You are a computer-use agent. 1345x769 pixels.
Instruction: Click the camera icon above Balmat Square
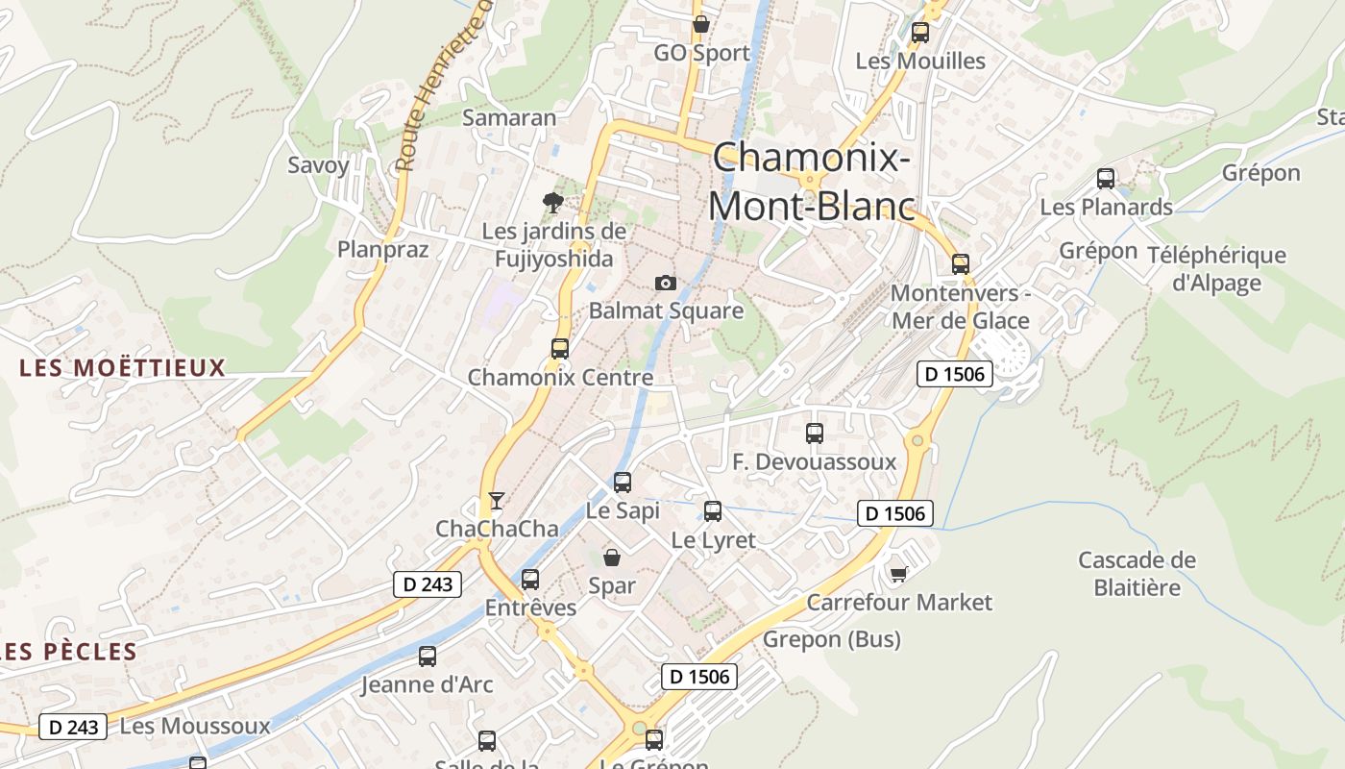pos(665,283)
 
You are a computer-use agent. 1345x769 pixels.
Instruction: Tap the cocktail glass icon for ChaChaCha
pos(496,501)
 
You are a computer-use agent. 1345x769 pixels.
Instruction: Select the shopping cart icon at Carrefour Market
pos(898,574)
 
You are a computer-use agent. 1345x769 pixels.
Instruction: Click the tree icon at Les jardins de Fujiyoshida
pos(552,202)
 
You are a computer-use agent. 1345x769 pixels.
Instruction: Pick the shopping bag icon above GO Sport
pos(701,24)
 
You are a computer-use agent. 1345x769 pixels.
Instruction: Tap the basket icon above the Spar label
pos(611,557)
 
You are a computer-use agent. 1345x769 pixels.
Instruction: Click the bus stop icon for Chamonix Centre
pos(560,349)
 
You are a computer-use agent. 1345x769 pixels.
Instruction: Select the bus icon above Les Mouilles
pos(919,33)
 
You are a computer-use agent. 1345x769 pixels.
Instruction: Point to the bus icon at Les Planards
pos(1106,178)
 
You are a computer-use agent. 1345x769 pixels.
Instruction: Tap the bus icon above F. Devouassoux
pos(815,434)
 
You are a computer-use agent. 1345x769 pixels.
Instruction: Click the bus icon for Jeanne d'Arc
pos(428,657)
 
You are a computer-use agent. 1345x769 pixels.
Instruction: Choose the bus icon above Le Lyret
pos(713,511)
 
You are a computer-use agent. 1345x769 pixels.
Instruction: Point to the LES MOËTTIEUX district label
pos(122,367)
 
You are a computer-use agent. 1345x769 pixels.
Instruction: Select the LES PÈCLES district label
pos(69,652)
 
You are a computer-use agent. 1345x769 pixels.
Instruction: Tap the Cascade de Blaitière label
pos(1137,573)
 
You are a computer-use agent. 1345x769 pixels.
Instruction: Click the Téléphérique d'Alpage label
pos(1215,268)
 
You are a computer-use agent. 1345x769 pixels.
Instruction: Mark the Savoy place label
pos(319,164)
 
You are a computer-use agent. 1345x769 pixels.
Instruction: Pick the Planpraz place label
pos(382,249)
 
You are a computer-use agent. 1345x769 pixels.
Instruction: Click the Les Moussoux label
pos(195,726)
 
